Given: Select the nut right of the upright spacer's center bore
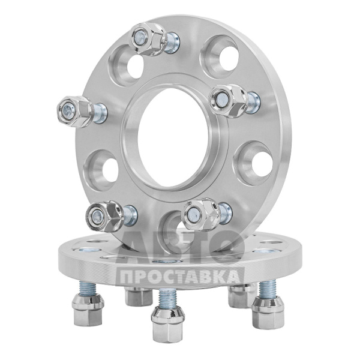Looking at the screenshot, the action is [228, 101].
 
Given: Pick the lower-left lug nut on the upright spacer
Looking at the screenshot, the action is [104, 215].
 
